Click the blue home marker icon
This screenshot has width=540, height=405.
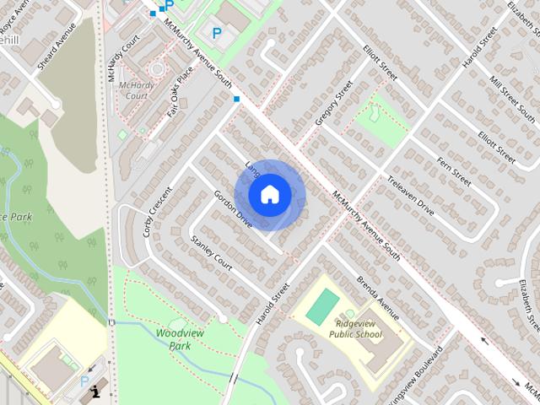[270, 195]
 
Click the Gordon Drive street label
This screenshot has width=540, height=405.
[234, 209]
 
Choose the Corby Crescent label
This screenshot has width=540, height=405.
[157, 210]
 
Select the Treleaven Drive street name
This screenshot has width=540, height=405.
[411, 195]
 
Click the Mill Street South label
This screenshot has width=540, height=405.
[512, 100]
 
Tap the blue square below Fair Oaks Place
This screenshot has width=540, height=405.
[236, 100]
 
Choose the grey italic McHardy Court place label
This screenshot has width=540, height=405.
[132, 90]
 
